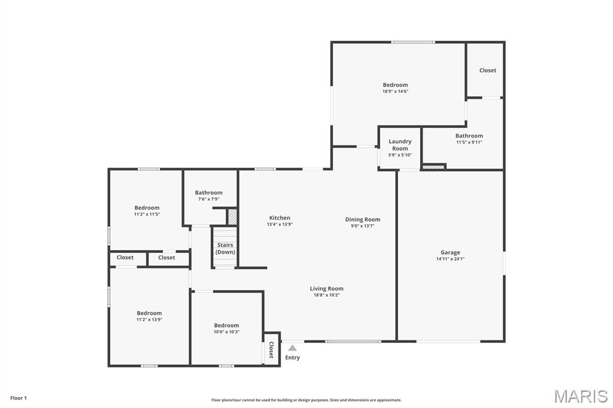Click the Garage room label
click(x=450, y=252)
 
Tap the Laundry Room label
click(x=400, y=145)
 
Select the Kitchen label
click(x=280, y=218)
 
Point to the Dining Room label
click(x=363, y=220)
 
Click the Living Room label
click(x=327, y=289)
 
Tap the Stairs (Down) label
click(x=225, y=248)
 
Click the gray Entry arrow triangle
click(x=292, y=348)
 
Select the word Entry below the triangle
click(x=292, y=358)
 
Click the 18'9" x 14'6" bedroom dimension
click(x=395, y=92)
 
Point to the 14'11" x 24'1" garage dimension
click(x=450, y=258)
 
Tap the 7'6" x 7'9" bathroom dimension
click(x=209, y=199)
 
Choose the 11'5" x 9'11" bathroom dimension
click(x=469, y=142)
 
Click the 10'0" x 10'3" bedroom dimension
click(x=226, y=332)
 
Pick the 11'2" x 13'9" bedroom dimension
click(x=149, y=319)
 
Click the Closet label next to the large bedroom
click(x=488, y=71)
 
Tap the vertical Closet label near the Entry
click(x=271, y=350)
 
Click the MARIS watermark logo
click(x=581, y=396)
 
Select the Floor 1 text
click(x=19, y=398)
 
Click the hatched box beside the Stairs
click(x=232, y=217)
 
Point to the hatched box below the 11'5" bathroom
click(x=433, y=167)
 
